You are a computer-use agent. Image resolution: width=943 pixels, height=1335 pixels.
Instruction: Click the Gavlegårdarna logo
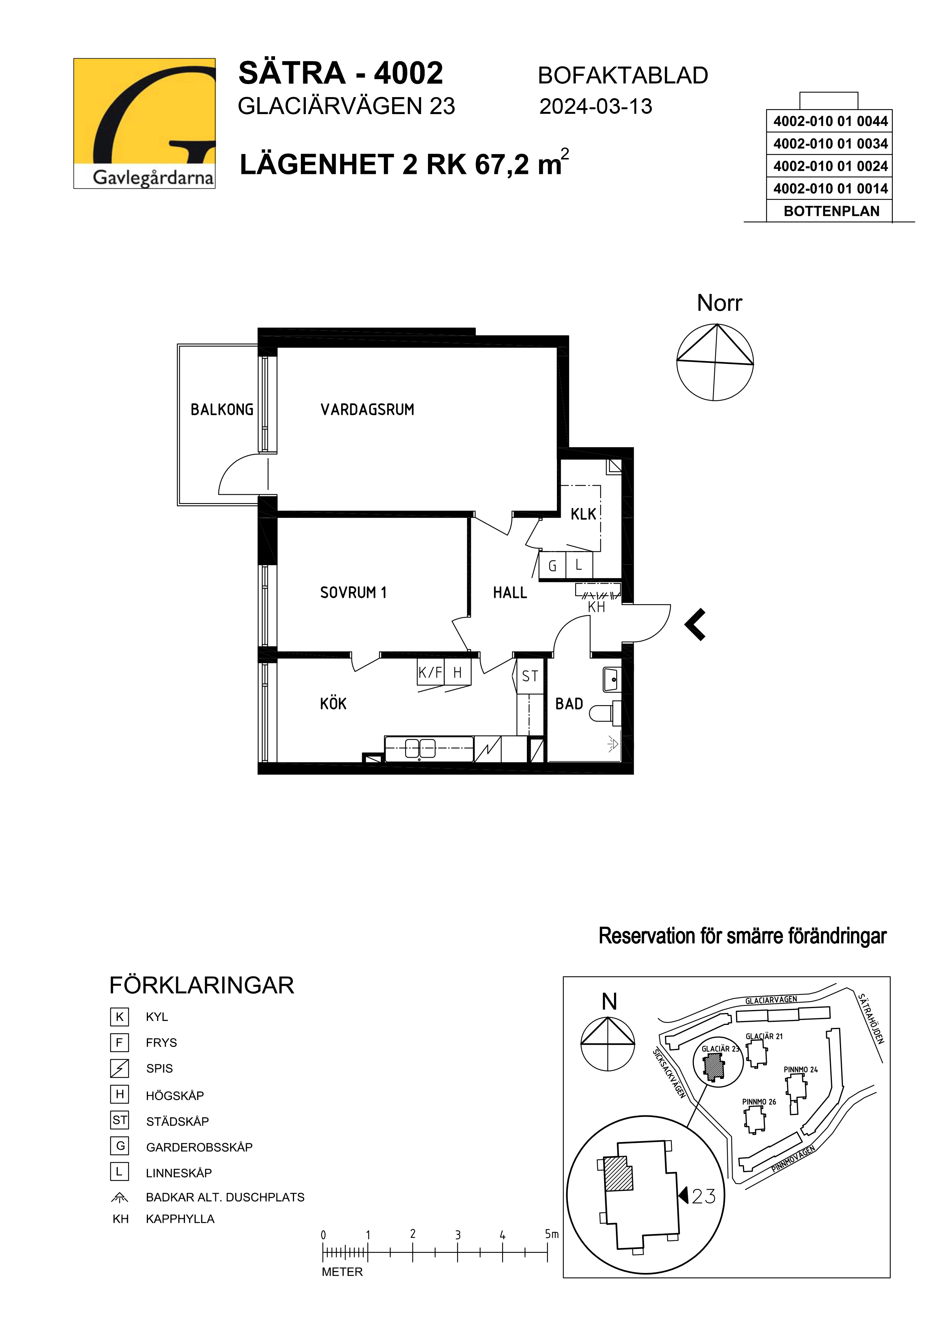tap(144, 123)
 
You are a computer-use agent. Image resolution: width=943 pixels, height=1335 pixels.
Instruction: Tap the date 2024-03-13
tap(596, 107)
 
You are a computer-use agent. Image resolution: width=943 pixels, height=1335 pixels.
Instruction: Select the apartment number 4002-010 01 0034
tap(830, 143)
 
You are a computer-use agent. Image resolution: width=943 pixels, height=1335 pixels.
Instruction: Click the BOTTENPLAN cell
tap(832, 211)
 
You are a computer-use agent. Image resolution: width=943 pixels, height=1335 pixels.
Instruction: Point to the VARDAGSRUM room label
tap(367, 409)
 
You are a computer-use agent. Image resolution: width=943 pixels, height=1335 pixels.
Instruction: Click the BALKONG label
tap(222, 409)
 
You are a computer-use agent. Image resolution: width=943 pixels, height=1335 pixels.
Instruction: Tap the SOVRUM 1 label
tap(353, 593)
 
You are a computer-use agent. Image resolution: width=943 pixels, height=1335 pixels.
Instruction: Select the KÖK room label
tap(333, 704)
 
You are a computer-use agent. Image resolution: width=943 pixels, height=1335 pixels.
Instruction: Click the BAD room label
tap(569, 704)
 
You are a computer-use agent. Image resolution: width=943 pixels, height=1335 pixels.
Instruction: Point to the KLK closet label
tap(584, 514)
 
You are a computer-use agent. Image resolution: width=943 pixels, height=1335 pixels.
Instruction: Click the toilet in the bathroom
tap(605, 713)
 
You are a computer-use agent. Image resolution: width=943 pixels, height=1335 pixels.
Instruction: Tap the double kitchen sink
tap(420, 748)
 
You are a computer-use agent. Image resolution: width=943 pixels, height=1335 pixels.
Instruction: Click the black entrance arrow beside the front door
tap(695, 624)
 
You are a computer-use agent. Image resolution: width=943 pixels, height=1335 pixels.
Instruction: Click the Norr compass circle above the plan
tap(715, 362)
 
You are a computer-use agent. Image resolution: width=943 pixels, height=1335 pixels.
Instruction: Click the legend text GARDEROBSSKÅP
tap(199, 1147)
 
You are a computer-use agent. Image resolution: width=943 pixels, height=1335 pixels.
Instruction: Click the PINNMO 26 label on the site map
tap(759, 1102)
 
